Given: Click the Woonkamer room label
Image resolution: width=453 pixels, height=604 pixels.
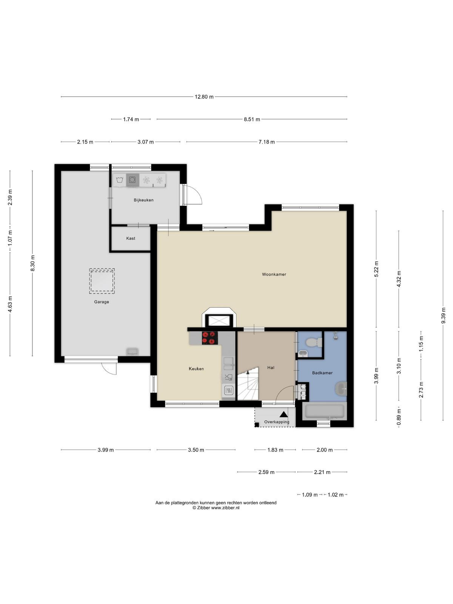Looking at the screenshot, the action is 274,274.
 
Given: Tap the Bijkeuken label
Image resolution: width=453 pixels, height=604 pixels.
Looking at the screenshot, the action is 143,200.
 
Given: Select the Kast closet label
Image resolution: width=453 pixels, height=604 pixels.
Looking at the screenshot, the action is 131,238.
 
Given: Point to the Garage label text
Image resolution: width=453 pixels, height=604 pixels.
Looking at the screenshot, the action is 102,302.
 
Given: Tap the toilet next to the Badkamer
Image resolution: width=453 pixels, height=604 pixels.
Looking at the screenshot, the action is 314,343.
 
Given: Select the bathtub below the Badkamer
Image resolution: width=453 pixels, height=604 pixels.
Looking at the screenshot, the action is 325,411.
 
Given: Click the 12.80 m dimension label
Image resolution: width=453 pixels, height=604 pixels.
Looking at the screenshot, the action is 204,97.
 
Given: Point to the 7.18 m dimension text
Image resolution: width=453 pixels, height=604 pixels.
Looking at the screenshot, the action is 267,142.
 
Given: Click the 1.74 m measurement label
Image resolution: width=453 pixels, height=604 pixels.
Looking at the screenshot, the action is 131,119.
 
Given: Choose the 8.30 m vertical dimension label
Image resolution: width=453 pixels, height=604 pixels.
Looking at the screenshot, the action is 32,263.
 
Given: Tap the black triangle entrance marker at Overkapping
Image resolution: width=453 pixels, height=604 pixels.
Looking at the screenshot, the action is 284,414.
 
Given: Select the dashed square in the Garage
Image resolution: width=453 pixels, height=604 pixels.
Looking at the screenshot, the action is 102,281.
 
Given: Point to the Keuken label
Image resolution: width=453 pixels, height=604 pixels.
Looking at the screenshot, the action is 196,369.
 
